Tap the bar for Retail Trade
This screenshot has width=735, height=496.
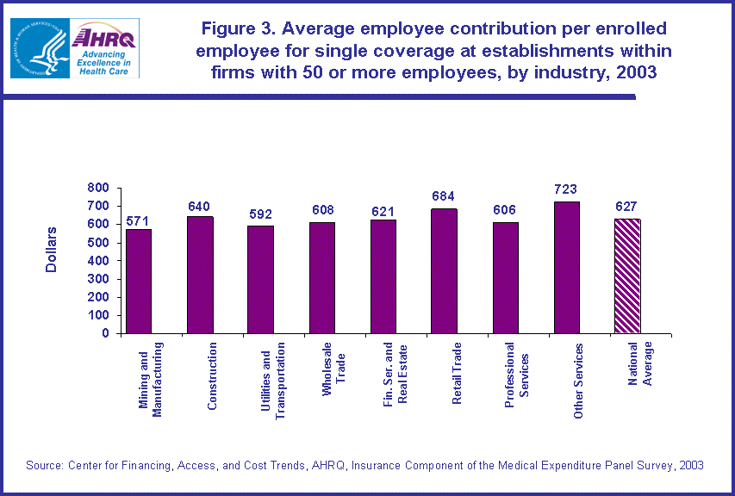(x=444, y=270)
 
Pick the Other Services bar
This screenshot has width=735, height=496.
(x=566, y=267)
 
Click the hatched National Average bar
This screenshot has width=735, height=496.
(x=626, y=276)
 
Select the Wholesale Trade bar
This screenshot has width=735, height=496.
(x=322, y=277)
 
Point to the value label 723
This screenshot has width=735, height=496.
(x=566, y=189)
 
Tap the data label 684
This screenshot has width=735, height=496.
(x=444, y=196)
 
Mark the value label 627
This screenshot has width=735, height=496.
(x=626, y=207)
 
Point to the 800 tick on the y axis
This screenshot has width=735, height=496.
(x=97, y=188)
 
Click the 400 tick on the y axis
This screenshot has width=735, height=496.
(x=97, y=261)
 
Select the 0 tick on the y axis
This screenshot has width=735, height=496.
(x=105, y=333)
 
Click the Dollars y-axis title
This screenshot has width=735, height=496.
(x=52, y=250)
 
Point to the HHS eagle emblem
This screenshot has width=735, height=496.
(x=40, y=47)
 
